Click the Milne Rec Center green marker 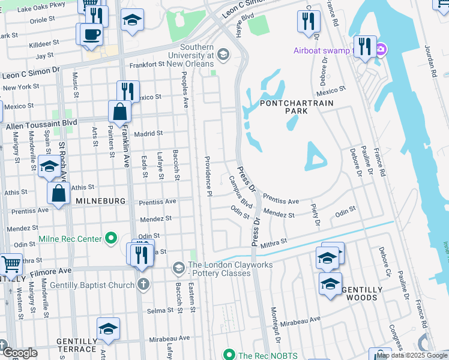[110, 239]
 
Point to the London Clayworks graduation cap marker [178, 266]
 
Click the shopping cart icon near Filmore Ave [11, 263]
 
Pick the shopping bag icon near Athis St [59, 193]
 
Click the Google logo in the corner [20, 353]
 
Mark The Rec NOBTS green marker [228, 355]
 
